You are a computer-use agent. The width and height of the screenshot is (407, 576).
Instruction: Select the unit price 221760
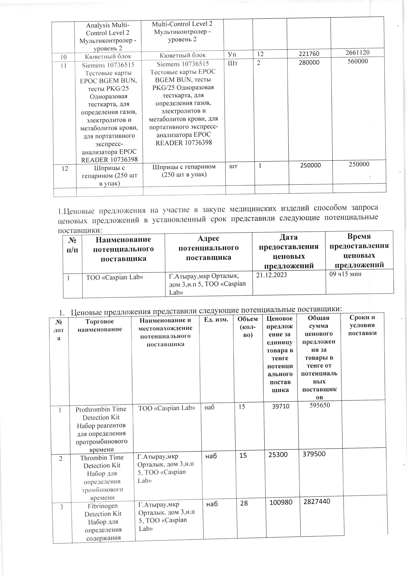pyautogui.click(x=309, y=54)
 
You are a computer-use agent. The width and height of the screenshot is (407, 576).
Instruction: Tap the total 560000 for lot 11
pyautogui.click(x=358, y=61)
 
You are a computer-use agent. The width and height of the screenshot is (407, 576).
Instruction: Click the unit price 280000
pyautogui.click(x=309, y=62)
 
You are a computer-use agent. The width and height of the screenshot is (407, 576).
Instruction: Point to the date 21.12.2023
pyautogui.click(x=271, y=275)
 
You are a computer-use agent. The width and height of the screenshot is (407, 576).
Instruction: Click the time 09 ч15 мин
pyautogui.click(x=345, y=274)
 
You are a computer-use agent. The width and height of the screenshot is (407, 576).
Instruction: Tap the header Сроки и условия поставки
pyautogui.click(x=362, y=325)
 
